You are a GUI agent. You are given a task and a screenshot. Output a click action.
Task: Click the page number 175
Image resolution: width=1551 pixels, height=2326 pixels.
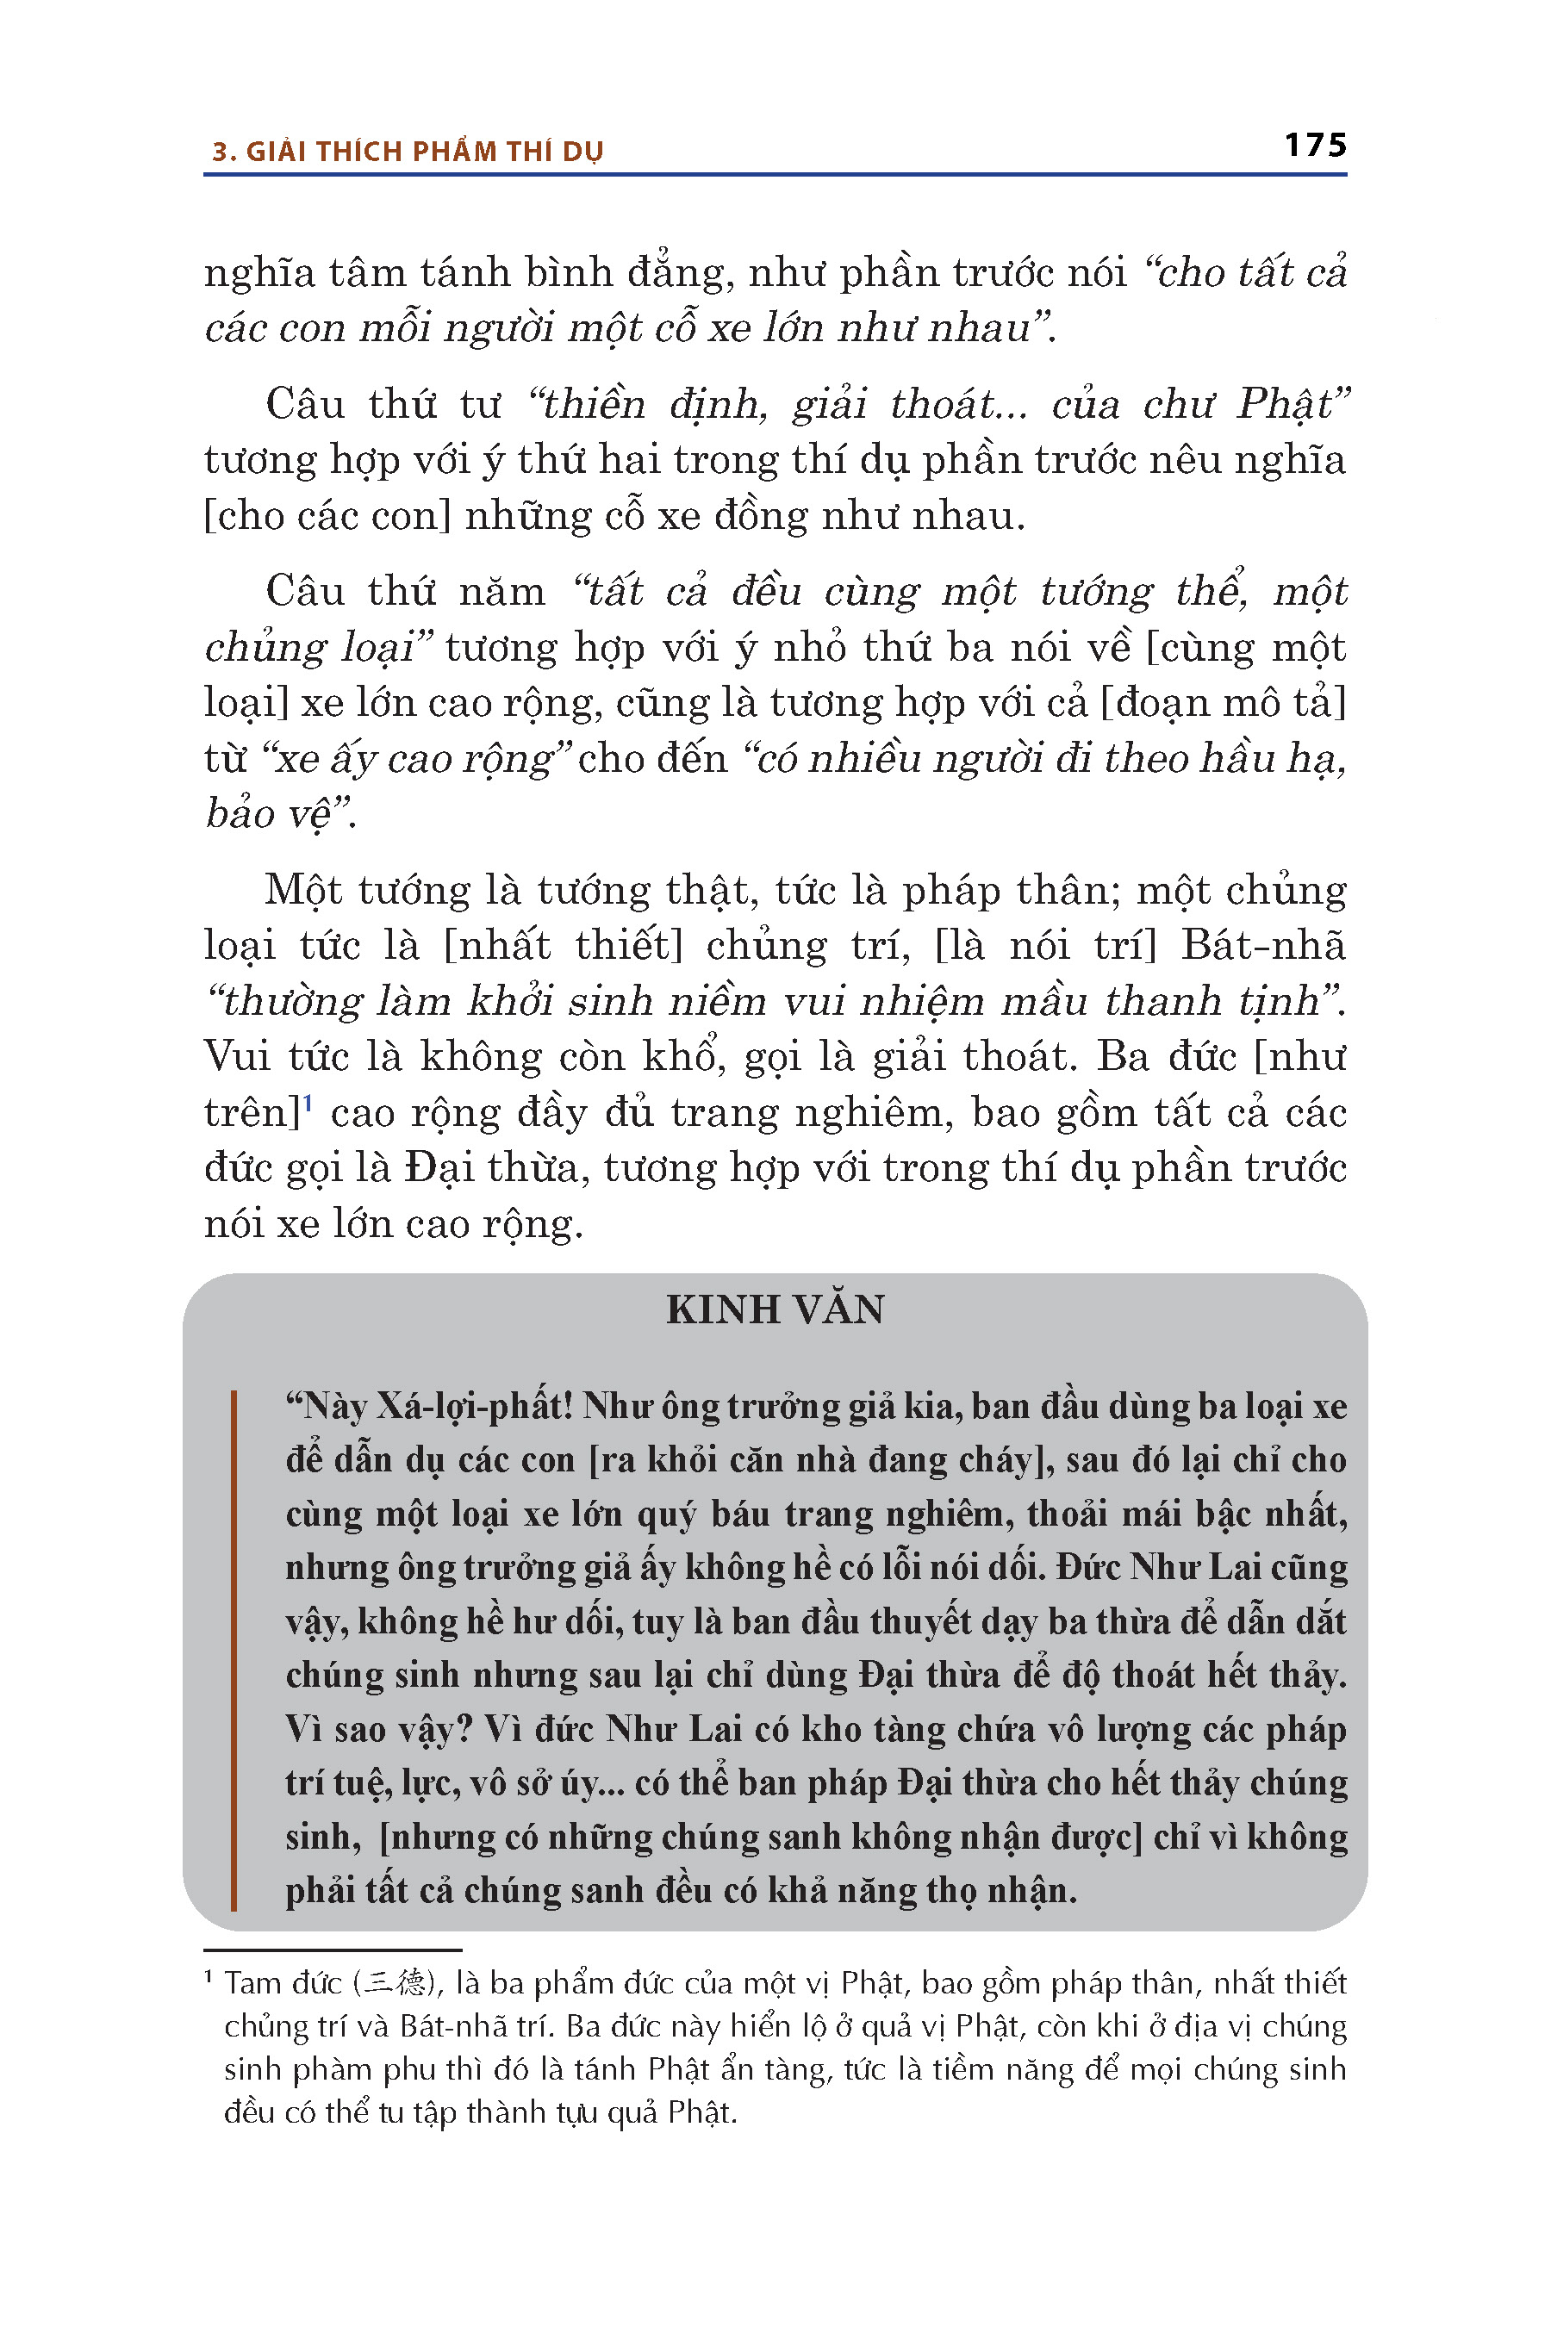tap(1315, 146)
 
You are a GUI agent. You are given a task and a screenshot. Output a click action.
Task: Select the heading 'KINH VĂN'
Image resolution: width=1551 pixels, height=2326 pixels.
tap(775, 1309)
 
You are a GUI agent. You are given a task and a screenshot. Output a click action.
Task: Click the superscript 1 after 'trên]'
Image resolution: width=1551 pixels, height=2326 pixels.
tap(308, 1103)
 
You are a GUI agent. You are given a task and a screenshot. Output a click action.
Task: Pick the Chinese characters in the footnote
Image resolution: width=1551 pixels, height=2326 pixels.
tap(394, 1982)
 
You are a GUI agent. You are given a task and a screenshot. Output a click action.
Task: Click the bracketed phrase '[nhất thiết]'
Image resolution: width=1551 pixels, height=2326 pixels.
tap(563, 945)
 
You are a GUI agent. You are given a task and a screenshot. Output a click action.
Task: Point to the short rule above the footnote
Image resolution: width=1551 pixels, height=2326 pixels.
tap(333, 1950)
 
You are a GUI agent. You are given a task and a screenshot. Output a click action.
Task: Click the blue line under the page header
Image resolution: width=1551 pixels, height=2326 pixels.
tap(775, 175)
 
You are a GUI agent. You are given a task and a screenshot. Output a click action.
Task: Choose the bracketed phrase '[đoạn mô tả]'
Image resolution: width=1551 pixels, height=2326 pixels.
tap(1224, 703)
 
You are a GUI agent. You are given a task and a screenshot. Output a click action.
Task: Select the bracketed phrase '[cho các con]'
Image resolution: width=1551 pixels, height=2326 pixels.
tap(327, 516)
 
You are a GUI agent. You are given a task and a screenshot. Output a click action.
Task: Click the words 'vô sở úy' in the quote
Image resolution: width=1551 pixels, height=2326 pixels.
tap(533, 1783)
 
